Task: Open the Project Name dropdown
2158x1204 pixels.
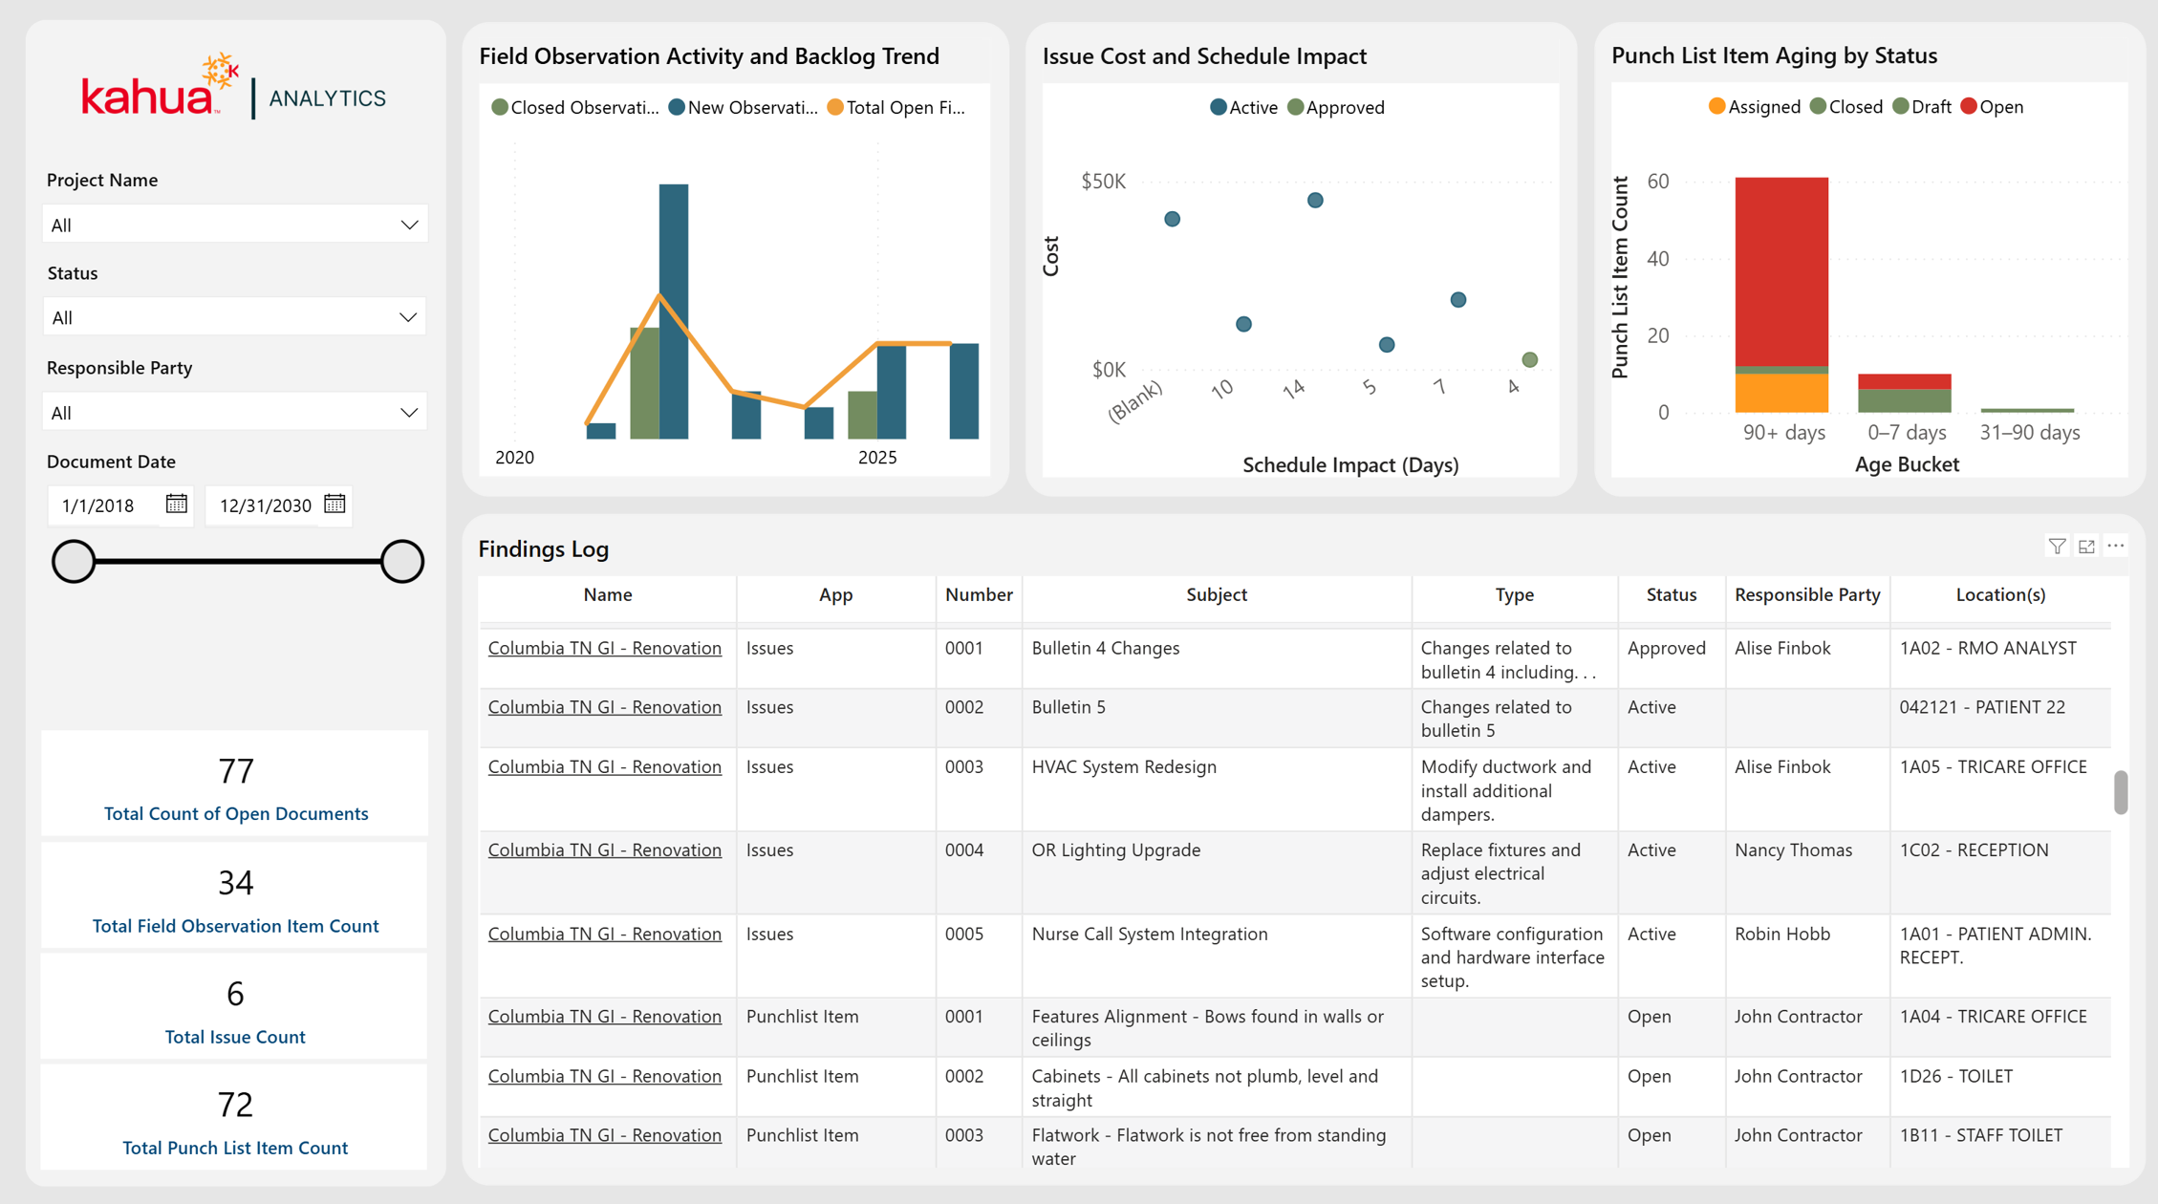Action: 235,225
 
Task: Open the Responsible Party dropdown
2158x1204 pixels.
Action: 235,413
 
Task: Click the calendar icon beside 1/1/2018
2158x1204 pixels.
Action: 177,505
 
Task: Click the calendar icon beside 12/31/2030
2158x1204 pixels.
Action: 334,505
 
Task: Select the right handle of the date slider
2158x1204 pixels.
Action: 402,561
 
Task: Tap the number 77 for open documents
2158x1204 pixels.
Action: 236,770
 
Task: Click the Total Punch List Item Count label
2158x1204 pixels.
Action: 235,1148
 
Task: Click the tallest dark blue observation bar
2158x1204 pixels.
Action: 674,312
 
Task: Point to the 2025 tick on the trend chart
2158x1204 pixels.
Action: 877,458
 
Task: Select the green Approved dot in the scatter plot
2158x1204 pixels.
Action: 1530,359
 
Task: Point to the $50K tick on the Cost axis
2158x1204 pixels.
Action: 1104,182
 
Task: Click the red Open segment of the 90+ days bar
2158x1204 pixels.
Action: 1781,271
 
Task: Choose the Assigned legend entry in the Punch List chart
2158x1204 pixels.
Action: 1755,107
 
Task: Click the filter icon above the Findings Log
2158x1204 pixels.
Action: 2057,546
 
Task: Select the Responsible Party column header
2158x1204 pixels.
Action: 1807,594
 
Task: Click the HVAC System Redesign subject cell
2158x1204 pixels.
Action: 1124,766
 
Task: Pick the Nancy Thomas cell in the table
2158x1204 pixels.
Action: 1793,849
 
